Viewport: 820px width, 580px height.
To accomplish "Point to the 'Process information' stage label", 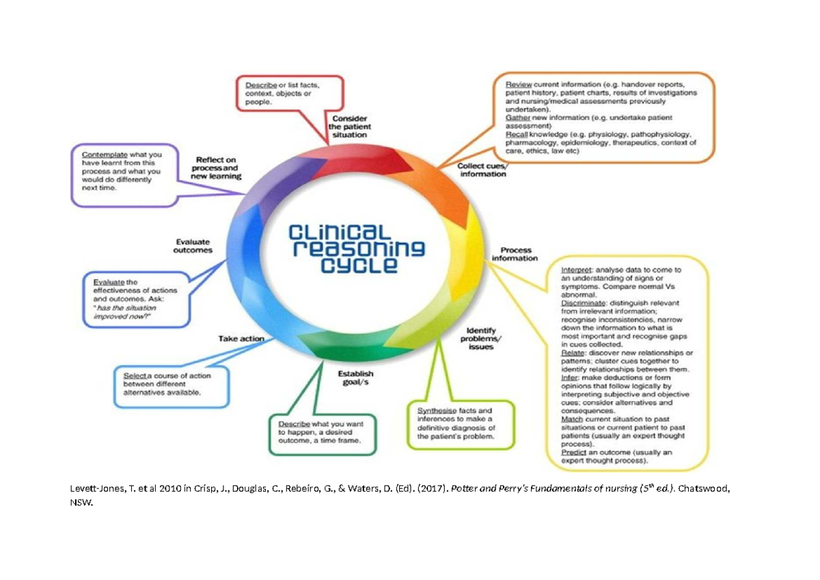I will (515, 254).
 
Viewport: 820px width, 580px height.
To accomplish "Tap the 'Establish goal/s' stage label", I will (356, 378).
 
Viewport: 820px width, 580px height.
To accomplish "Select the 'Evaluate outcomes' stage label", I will (193, 245).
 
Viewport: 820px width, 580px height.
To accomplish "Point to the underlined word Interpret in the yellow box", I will (577, 270).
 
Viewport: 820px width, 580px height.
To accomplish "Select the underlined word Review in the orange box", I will (519, 84).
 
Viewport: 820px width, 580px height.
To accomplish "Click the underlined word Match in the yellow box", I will (573, 419).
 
